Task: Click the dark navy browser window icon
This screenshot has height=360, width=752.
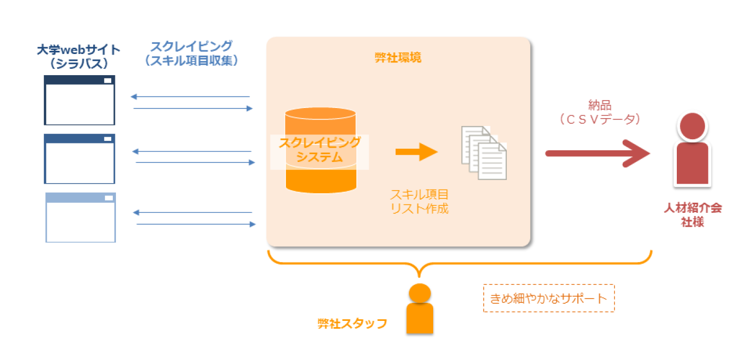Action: pos(79,100)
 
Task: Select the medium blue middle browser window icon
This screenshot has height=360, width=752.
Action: pos(79,159)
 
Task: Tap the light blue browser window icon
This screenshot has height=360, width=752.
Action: pos(80,218)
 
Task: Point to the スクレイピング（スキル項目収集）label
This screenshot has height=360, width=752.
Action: pos(191,53)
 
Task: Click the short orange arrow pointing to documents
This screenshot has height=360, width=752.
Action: pos(416,152)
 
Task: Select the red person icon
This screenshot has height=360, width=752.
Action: pos(692,150)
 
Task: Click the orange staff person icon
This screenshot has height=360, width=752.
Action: pos(419,309)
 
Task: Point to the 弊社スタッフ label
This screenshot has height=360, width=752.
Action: pos(352,323)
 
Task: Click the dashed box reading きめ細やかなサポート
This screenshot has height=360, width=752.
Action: pos(548,298)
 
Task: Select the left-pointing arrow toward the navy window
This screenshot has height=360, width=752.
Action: pos(190,97)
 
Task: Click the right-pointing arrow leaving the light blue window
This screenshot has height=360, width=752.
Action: pos(196,224)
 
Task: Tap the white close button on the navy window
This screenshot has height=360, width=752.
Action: pos(108,80)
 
